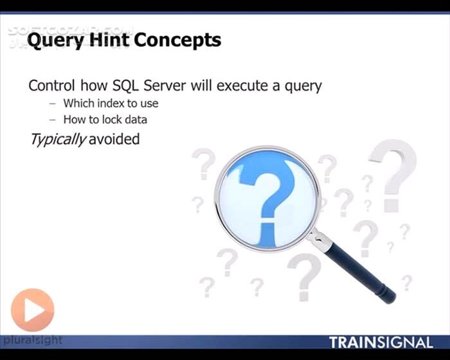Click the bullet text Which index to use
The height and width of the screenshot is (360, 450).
pos(111,103)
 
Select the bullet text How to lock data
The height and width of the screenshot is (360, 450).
pos(105,120)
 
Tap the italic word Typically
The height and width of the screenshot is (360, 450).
pos(57,139)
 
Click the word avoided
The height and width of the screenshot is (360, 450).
pos(114,138)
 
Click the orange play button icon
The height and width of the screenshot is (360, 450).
pos(32,310)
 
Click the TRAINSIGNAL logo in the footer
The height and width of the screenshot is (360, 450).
pos(381,342)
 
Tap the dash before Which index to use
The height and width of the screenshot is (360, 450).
pos(52,103)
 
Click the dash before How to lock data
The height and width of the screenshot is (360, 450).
pos(52,120)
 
